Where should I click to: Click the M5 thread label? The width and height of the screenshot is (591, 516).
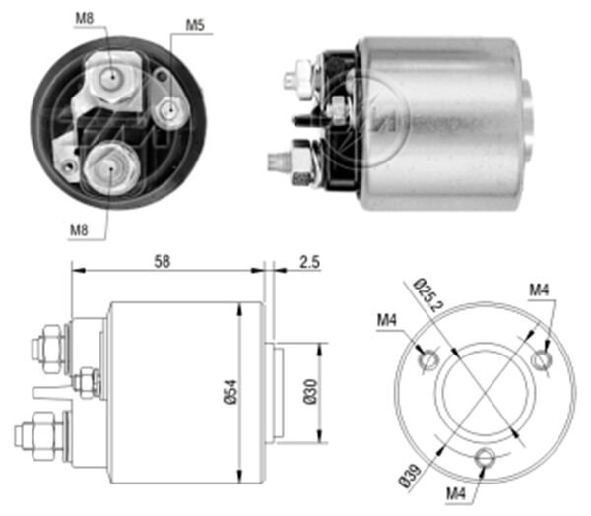pos(196,27)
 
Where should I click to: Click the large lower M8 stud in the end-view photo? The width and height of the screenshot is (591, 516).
pos(108,164)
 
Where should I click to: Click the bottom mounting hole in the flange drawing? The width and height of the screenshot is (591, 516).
pos(484,457)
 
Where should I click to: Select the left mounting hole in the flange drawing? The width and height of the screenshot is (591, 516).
pos(427,360)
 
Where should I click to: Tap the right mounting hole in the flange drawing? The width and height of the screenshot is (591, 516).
pos(540,360)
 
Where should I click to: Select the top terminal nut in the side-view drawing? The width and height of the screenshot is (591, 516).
pos(45,347)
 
